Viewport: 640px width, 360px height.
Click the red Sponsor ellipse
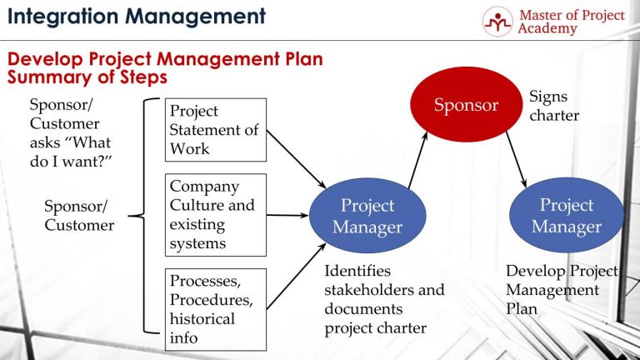[466, 104]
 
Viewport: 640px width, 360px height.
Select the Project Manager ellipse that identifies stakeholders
[367, 216]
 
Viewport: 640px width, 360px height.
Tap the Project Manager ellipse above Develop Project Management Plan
[566, 216]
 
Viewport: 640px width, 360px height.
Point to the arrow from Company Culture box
[287, 215]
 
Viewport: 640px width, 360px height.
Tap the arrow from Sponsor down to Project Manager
[517, 158]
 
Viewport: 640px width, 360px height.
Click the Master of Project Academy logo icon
[497, 22]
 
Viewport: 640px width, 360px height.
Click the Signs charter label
[553, 107]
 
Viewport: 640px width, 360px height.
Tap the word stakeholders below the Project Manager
[384, 290]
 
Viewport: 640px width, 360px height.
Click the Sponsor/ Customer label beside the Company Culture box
[79, 215]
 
